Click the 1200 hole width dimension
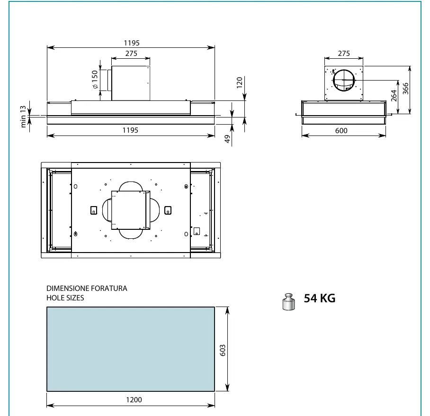(x=134, y=400)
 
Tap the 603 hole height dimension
(x=223, y=350)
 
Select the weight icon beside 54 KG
(x=288, y=302)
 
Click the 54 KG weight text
(x=320, y=298)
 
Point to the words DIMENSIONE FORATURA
(x=87, y=289)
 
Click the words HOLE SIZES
(x=65, y=298)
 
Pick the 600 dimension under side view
(x=341, y=131)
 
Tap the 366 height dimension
(x=405, y=88)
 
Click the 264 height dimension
(x=394, y=96)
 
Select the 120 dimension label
(x=240, y=82)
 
